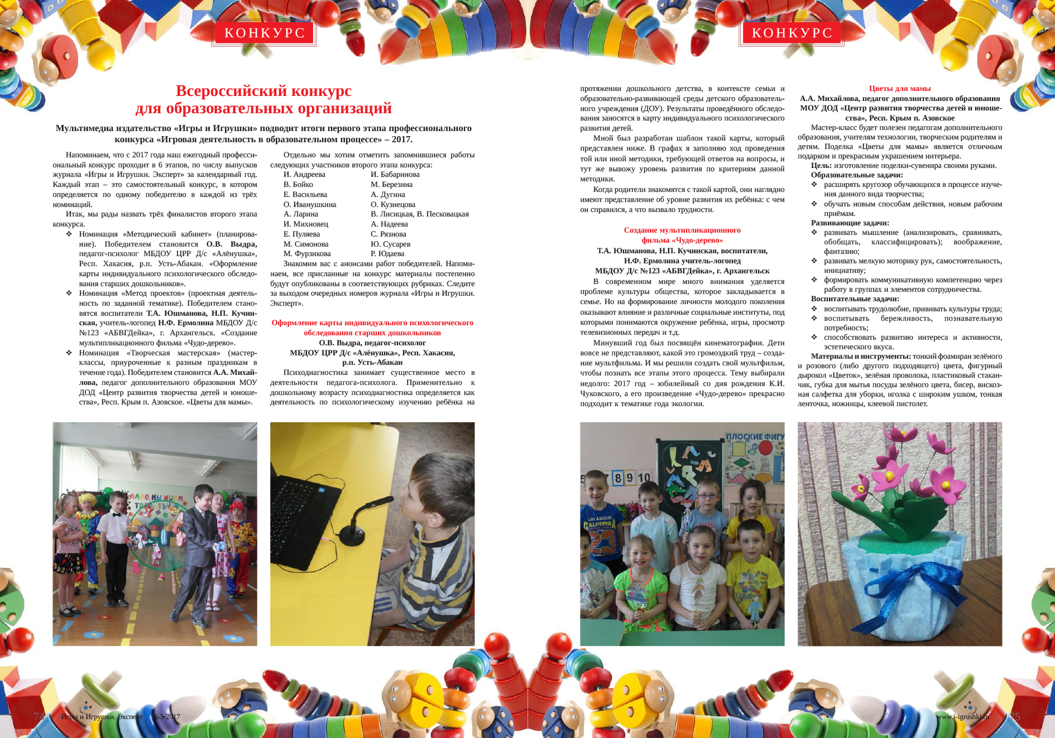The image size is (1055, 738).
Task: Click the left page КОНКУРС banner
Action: click(x=264, y=33)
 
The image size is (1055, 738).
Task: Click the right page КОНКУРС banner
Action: click(x=792, y=33)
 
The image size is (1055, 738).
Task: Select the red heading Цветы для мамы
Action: click(x=899, y=88)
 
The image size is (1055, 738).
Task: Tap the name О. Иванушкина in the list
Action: click(x=310, y=204)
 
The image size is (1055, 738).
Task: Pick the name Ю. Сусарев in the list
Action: click(x=390, y=244)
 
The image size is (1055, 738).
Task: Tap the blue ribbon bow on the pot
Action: click(x=938, y=580)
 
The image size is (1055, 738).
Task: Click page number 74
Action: click(x=39, y=716)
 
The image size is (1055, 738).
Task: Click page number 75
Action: click(x=1015, y=716)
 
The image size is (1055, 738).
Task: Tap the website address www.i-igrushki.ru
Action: click(x=962, y=716)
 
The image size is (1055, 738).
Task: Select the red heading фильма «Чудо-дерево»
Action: click(x=682, y=240)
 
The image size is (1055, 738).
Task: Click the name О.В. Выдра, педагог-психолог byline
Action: click(x=372, y=343)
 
